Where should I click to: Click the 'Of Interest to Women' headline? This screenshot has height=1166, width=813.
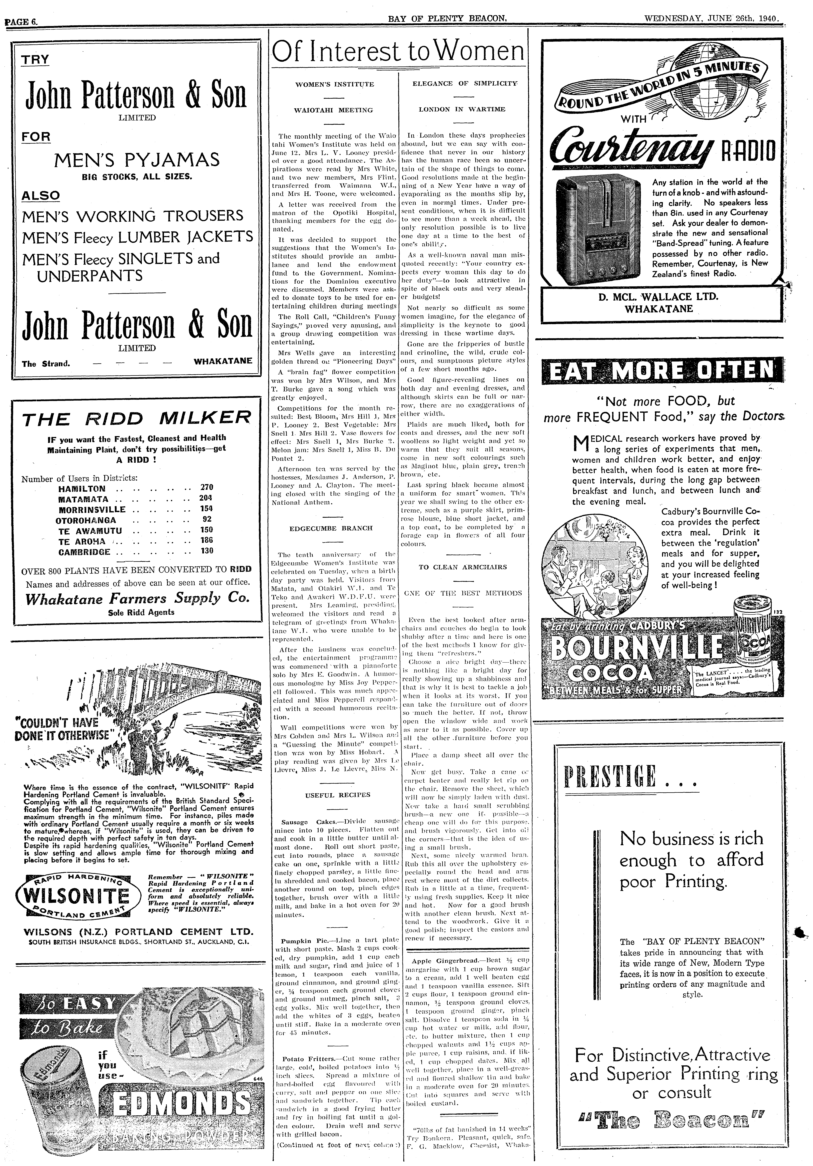[398, 52]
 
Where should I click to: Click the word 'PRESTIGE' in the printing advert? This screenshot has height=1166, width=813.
[610, 775]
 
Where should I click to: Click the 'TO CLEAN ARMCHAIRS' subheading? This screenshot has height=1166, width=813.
[463, 567]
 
